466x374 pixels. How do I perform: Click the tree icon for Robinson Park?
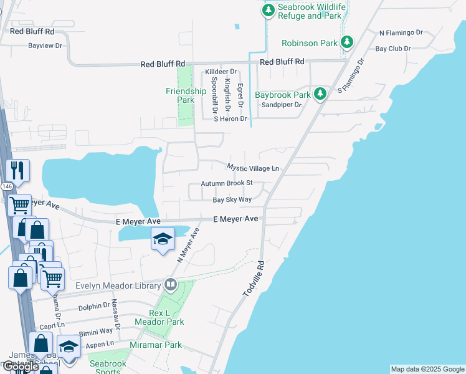tap(347, 42)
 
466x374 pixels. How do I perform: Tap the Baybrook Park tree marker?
tap(320, 93)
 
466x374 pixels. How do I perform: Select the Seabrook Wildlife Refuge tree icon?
tap(268, 10)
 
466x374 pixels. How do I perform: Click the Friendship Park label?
tap(186, 95)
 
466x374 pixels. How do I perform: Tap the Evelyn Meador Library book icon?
tap(170, 285)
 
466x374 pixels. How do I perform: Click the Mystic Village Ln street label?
tap(252, 168)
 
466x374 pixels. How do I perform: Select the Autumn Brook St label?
tap(226, 183)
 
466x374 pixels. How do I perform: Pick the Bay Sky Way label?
tap(232, 200)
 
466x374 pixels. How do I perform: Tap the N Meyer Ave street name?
tap(189, 245)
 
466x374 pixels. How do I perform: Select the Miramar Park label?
tap(155, 345)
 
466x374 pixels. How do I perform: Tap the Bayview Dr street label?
tap(45, 46)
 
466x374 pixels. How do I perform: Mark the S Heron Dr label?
tap(231, 118)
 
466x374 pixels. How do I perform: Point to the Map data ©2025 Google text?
tap(427, 369)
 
